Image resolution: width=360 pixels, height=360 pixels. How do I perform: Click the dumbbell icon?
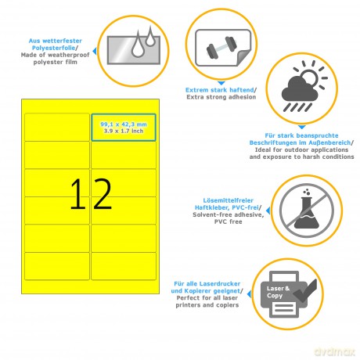coord(221,48)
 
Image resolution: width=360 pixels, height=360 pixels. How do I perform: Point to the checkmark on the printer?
coord(306,290)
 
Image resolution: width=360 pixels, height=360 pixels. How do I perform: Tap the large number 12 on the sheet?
coord(91,194)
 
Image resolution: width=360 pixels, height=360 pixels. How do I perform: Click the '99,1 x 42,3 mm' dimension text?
coord(124,124)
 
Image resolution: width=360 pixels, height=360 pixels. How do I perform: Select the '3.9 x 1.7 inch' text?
coord(124,131)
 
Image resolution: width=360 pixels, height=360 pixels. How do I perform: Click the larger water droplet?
coord(138,45)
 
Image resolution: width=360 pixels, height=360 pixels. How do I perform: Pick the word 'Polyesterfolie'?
coord(53,48)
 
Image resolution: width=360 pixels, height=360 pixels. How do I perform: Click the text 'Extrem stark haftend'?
coord(220,90)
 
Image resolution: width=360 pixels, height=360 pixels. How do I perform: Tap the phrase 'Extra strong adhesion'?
coord(221,97)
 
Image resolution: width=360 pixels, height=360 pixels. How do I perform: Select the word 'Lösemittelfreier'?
coord(229,200)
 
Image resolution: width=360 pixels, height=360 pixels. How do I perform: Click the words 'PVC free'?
coord(229,221)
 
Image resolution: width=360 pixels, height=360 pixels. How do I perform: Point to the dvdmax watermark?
coord(335,351)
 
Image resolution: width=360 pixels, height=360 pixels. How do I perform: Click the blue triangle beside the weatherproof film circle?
coord(95,51)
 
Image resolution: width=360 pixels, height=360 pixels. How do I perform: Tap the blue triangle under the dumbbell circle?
coord(221,83)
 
